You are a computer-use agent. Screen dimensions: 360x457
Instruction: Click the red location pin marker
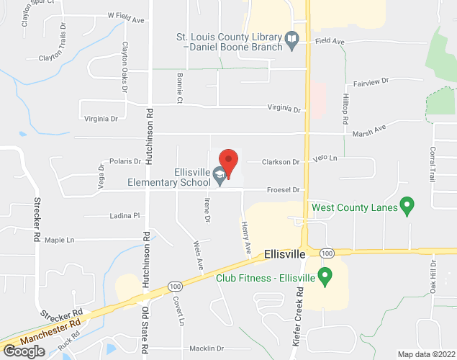coord(228,162)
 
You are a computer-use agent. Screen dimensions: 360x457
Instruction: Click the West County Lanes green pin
coord(407,208)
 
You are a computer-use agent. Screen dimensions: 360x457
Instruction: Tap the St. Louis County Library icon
coord(291,41)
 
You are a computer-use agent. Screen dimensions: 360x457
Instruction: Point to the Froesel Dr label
coord(283,190)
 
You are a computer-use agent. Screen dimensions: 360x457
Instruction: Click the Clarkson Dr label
coord(280,162)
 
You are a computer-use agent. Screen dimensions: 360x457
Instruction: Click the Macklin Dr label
coord(207,348)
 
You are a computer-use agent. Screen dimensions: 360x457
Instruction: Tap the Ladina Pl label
coord(124,215)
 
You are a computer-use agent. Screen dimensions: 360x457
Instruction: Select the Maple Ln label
coord(60,240)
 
